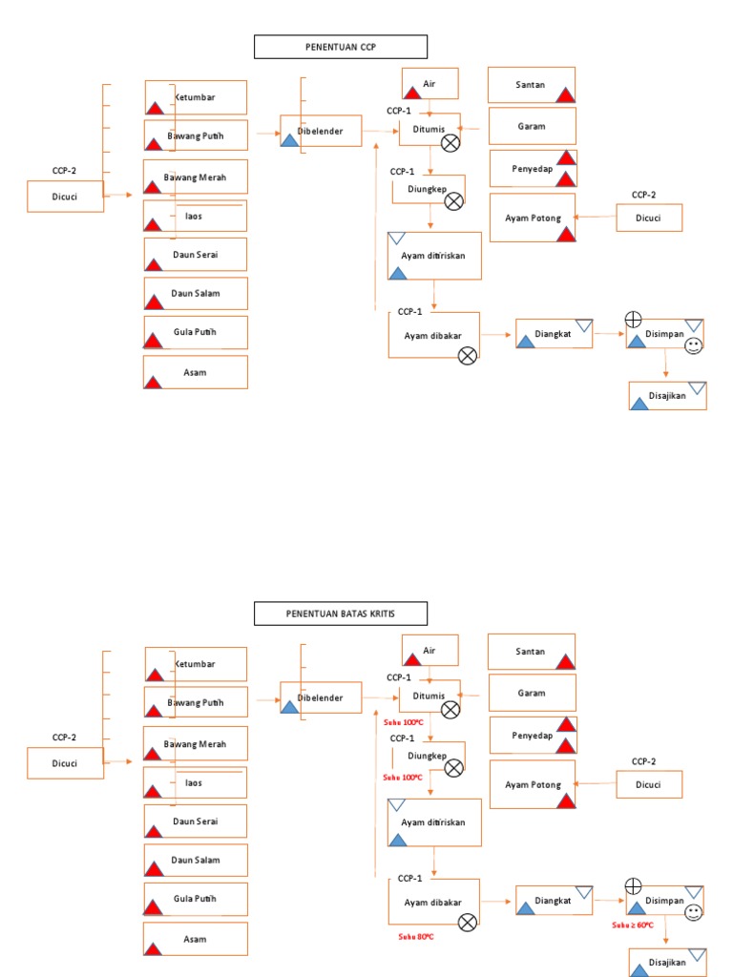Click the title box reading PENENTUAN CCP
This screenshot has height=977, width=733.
340,47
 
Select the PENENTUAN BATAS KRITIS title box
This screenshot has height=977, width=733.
340,613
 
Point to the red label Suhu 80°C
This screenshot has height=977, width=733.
415,937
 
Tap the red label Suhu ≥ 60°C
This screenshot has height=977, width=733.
633,925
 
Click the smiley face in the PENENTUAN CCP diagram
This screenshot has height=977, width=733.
694,345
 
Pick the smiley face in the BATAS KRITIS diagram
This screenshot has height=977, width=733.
694,912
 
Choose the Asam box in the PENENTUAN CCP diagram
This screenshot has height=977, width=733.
196,372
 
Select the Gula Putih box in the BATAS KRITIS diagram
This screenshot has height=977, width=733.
196,899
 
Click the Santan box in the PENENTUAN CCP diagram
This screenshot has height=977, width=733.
532,85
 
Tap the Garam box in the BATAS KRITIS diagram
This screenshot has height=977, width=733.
532,692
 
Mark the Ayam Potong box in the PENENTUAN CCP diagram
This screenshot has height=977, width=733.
533,218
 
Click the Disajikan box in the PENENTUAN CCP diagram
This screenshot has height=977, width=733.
667,395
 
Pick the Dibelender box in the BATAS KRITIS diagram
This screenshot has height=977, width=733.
321,697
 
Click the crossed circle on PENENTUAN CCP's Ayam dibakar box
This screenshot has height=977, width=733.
468,356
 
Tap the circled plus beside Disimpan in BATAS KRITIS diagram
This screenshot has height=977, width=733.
633,885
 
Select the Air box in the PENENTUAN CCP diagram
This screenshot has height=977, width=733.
429,84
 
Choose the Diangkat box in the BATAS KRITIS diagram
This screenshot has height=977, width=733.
554,900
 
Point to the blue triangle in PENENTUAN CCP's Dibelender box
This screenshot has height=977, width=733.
289,140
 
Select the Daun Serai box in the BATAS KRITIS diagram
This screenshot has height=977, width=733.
196,821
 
